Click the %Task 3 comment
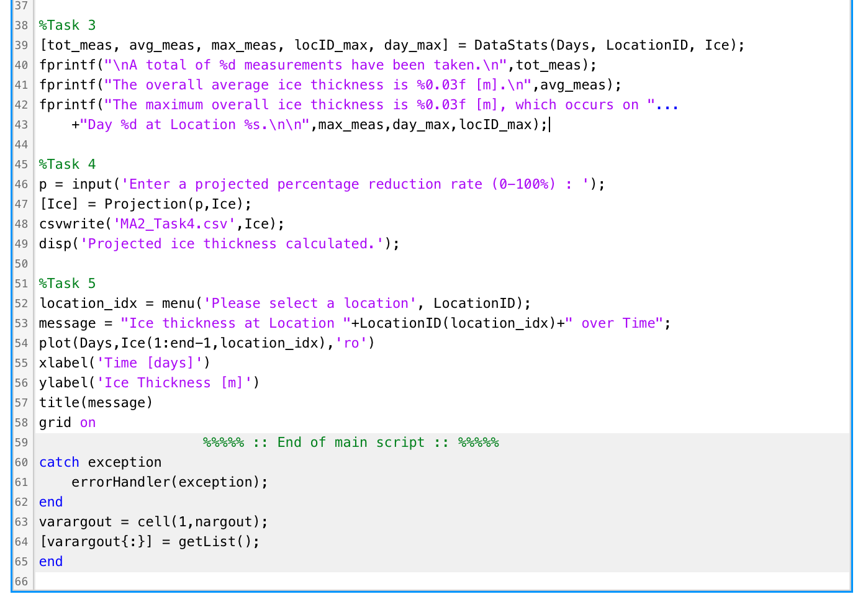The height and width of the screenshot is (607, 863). (67, 25)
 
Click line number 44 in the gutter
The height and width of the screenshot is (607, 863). (21, 145)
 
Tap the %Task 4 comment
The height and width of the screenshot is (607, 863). (67, 164)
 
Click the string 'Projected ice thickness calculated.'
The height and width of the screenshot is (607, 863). (232, 244)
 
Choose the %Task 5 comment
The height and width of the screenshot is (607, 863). (67, 284)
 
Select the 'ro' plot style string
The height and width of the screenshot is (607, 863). (351, 343)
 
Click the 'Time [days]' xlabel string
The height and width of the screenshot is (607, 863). (150, 363)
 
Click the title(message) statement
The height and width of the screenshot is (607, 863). (96, 403)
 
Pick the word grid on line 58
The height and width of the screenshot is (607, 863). (55, 423)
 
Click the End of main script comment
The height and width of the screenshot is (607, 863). (351, 443)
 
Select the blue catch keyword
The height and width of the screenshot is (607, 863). (59, 462)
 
